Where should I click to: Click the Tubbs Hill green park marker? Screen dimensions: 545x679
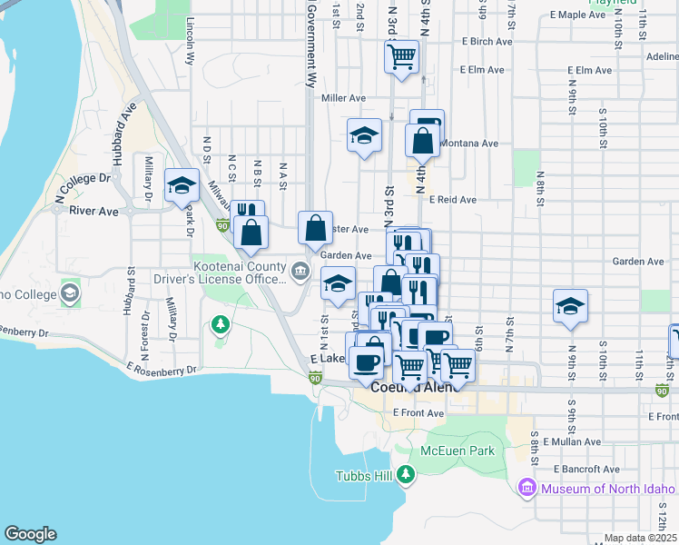pos(405,474)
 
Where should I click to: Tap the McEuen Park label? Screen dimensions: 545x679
pos(458,451)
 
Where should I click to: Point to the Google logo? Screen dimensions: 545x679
pos(30,534)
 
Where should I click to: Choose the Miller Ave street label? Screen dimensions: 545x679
pos(343,98)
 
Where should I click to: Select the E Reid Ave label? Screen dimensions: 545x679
pos(453,199)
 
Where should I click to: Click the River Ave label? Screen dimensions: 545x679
pos(94,211)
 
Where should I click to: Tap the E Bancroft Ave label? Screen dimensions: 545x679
pos(586,469)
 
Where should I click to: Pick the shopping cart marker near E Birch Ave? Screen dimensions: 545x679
pos(401,57)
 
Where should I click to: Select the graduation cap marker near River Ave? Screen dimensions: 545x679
pos(182,185)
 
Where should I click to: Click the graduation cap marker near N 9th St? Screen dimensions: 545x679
pos(570,305)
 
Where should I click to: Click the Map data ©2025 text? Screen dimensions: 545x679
pos(639,538)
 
